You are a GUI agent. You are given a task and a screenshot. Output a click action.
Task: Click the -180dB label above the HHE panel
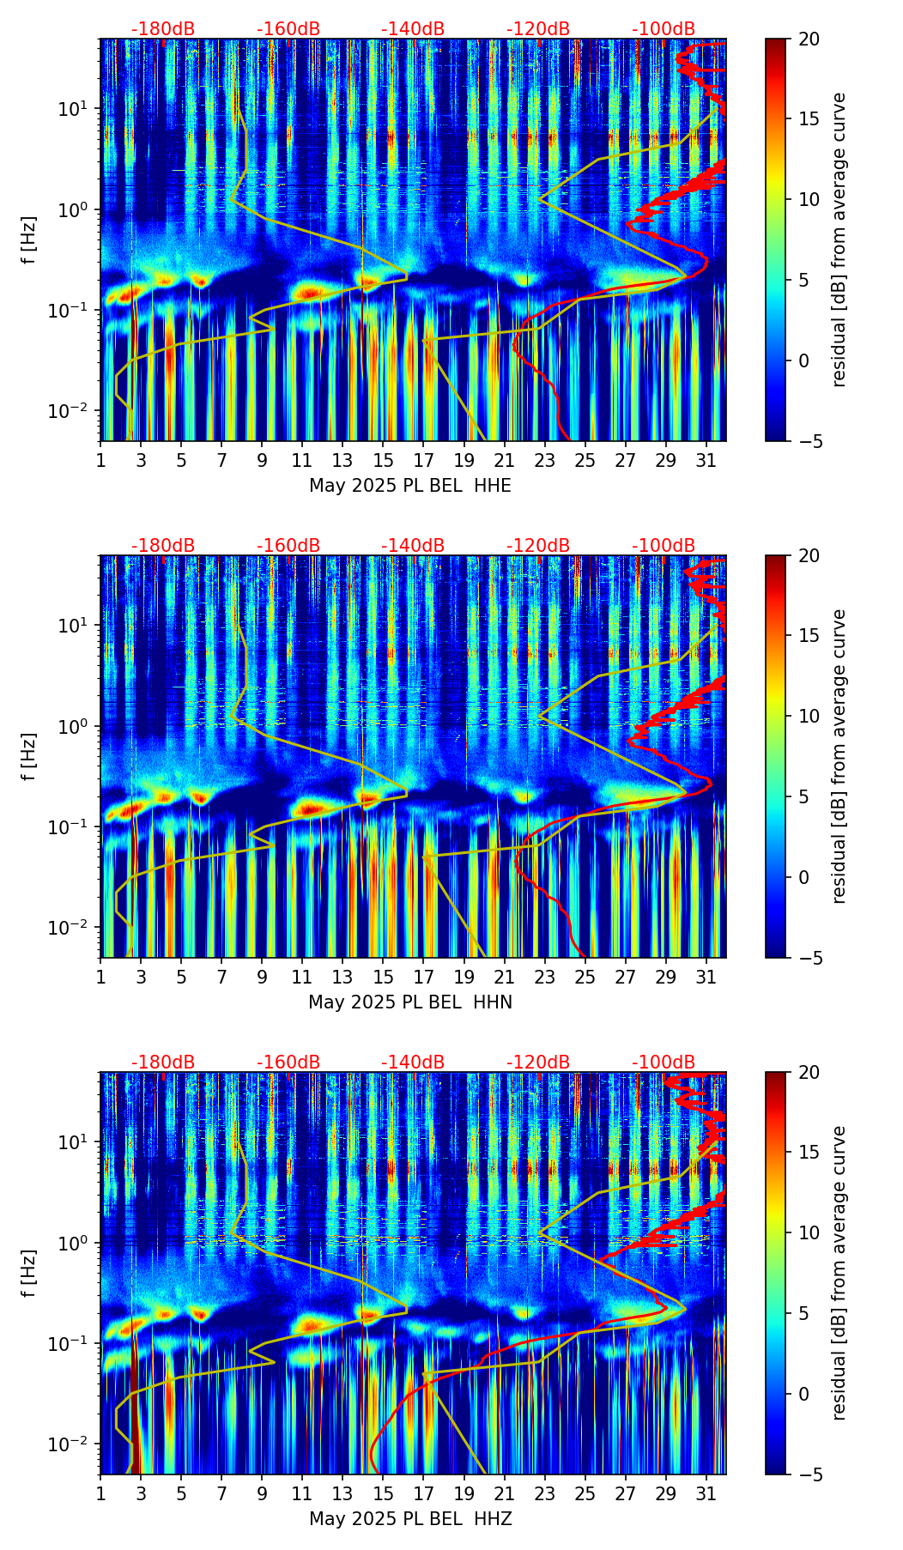tap(163, 29)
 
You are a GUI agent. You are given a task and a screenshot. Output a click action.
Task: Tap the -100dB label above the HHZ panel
tap(664, 1063)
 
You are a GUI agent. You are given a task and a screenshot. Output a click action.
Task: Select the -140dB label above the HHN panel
tap(413, 546)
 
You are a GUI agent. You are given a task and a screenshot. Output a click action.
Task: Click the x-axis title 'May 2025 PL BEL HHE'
tap(409, 486)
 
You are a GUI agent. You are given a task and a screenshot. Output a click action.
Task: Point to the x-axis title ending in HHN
tap(409, 1002)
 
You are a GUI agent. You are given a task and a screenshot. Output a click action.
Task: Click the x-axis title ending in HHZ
tap(409, 1519)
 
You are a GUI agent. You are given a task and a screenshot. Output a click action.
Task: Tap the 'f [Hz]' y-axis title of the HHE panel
tap(30, 240)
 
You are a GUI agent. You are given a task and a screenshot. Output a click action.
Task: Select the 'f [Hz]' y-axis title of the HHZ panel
tap(30, 1274)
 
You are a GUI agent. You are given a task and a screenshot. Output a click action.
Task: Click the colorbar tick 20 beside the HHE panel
tap(809, 39)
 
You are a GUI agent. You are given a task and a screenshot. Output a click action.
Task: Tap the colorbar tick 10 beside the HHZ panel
tap(809, 1233)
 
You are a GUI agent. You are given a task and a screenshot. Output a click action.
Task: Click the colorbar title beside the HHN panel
tap(839, 756)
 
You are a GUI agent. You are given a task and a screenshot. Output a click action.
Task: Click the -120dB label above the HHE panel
tap(538, 29)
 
